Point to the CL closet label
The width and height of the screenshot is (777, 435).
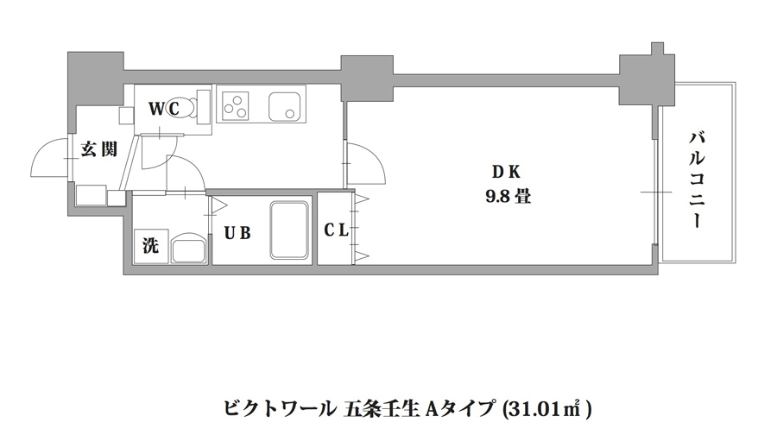click(336, 230)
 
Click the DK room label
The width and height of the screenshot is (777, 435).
click(507, 170)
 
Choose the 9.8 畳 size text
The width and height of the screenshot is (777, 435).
click(507, 196)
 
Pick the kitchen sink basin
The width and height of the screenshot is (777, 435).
click(285, 107)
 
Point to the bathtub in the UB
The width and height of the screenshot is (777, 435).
click(290, 230)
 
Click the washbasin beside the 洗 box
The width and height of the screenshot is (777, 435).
click(187, 249)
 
